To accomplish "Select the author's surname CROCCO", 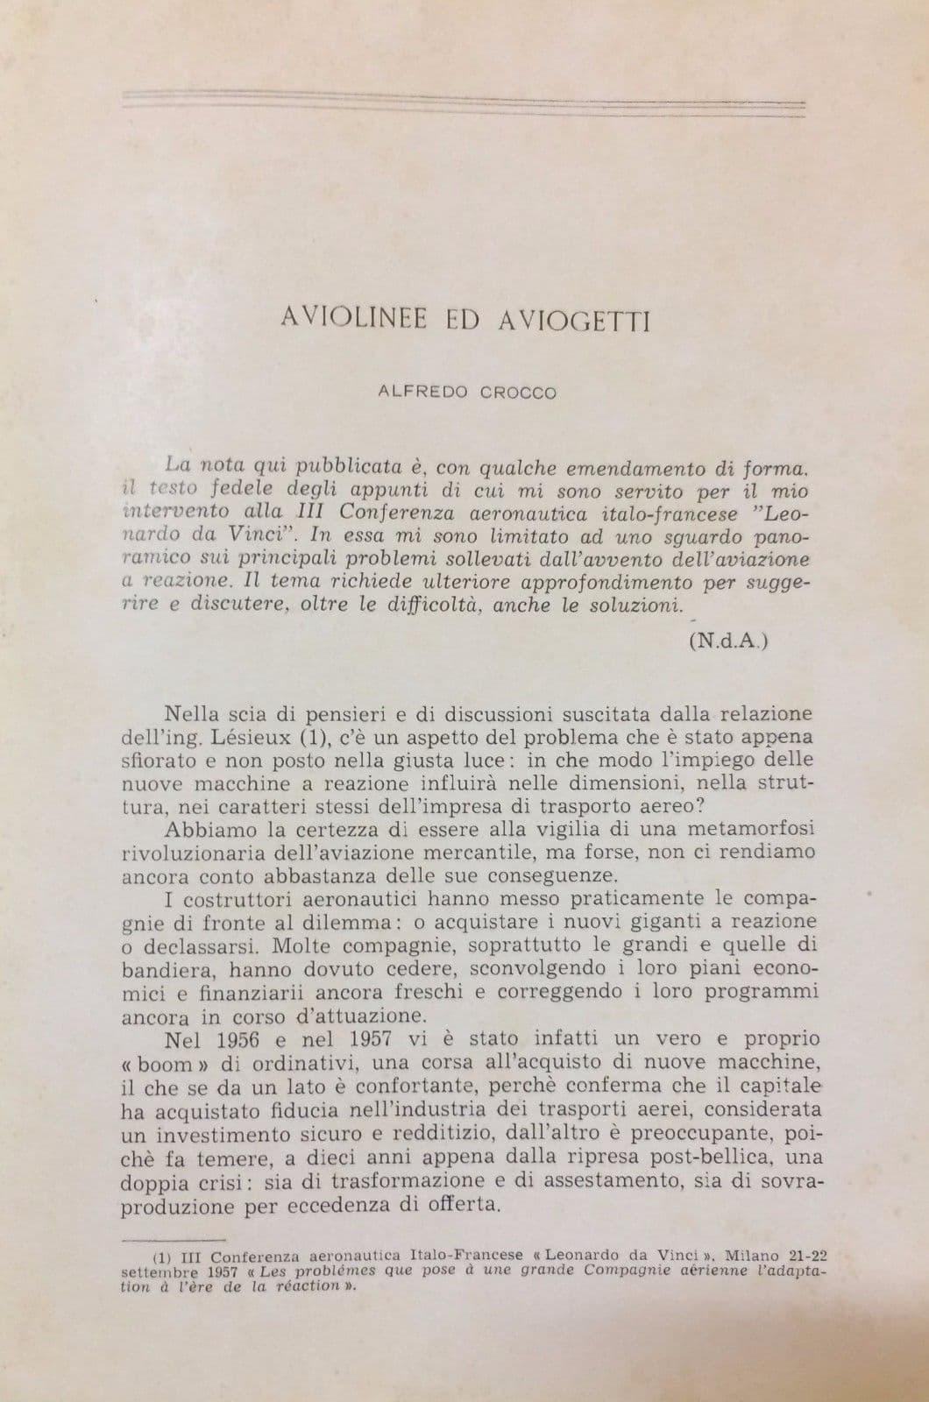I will pyautogui.click(x=518, y=393).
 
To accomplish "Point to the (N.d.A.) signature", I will pyautogui.click(x=728, y=640).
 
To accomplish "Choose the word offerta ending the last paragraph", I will pyautogui.click(x=460, y=1205).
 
